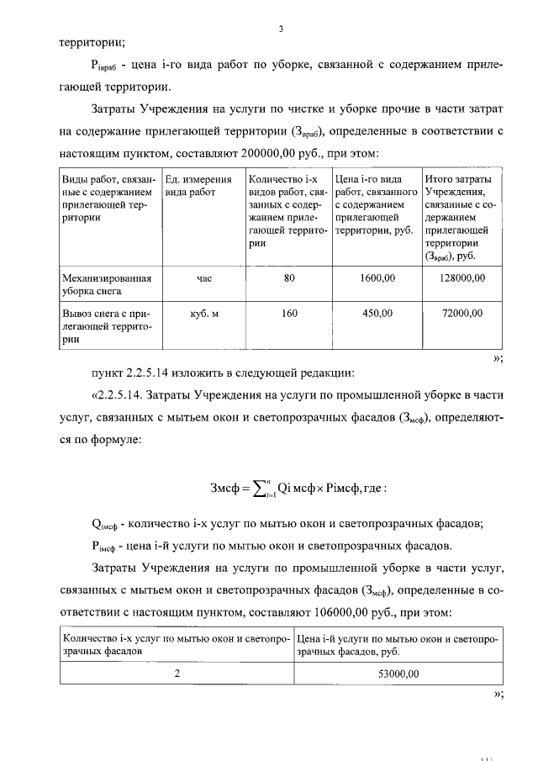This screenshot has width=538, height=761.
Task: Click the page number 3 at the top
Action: click(x=281, y=29)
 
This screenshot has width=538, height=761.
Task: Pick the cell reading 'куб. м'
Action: click(x=204, y=314)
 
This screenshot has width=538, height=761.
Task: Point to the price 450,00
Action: click(x=377, y=314)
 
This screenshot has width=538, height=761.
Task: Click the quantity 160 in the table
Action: click(x=290, y=314)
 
